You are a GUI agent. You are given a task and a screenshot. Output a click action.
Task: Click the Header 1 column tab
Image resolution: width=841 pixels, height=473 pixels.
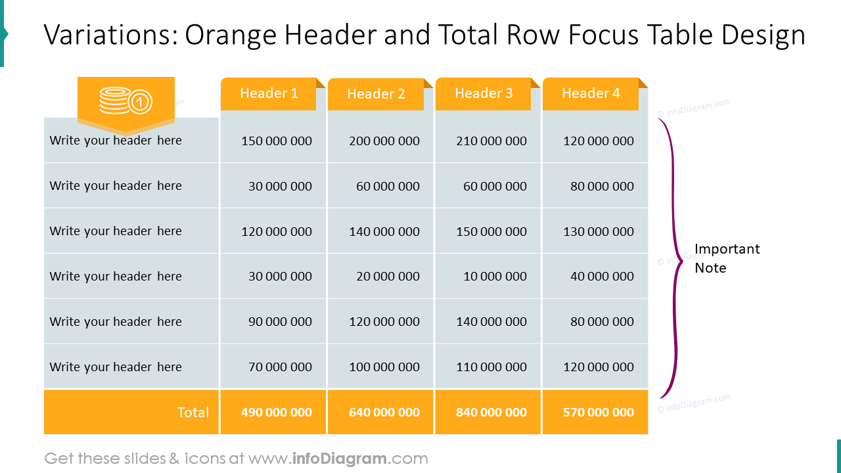[x=269, y=93]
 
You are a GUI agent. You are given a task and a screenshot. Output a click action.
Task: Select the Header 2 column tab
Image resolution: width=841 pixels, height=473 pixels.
[x=376, y=94]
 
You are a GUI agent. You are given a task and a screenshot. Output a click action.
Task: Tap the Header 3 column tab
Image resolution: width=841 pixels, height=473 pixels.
[x=484, y=93]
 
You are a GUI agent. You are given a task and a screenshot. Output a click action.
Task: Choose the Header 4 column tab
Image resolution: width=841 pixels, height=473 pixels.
[x=591, y=93]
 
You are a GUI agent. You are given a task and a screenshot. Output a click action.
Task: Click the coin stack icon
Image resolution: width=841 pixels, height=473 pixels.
[x=125, y=101]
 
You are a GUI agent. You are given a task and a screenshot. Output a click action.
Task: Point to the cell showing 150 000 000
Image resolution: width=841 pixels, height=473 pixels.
[x=277, y=141]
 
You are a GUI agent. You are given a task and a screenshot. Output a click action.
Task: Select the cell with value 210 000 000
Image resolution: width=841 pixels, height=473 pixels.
[x=491, y=141]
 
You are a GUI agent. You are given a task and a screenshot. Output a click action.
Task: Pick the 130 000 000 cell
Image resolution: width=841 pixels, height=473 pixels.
[x=599, y=231]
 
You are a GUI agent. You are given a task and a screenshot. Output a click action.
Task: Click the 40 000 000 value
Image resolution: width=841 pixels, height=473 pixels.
[x=602, y=277]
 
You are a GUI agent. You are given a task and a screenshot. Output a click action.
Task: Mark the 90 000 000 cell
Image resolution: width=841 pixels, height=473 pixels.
[x=280, y=322]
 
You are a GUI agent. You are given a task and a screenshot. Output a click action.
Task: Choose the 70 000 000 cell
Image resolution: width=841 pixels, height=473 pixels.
[x=280, y=367]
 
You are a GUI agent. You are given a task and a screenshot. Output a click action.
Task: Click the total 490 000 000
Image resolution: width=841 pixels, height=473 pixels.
[x=277, y=413]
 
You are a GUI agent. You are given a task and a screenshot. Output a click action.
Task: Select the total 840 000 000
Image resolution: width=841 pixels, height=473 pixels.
[x=491, y=413]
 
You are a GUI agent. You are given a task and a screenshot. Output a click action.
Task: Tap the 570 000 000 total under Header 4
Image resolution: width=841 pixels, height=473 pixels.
[x=599, y=413]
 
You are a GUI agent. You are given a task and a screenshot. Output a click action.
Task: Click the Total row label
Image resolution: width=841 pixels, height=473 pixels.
[x=193, y=413]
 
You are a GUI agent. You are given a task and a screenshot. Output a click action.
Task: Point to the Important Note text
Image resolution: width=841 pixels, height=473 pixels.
[x=727, y=258]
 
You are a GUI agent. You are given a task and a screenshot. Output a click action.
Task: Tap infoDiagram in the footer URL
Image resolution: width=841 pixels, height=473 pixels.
[x=338, y=459]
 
